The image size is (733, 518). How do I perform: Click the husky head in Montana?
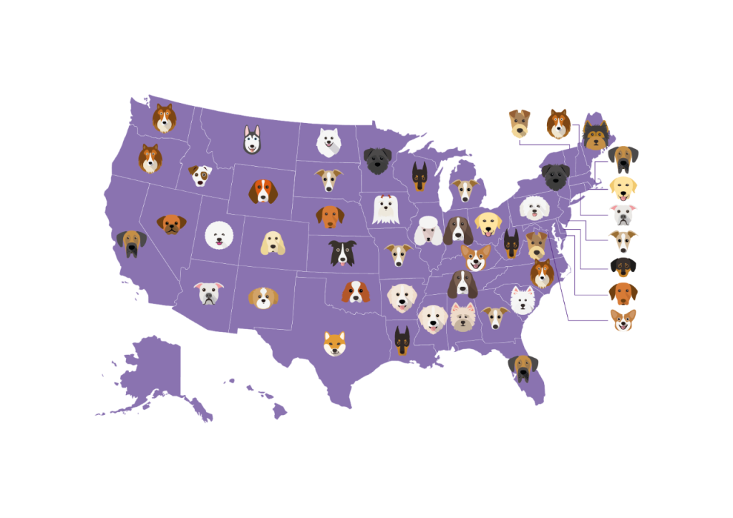252,140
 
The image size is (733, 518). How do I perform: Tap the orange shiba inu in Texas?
334,343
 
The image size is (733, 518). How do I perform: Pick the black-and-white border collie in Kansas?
342,253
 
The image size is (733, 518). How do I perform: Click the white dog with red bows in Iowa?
385,209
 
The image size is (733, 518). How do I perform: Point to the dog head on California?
132,243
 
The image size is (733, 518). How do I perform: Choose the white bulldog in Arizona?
208,293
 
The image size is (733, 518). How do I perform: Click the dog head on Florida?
523,368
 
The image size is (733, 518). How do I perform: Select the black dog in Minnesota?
377,160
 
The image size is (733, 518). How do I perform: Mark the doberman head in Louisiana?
402,341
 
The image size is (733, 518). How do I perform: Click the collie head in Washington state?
165,118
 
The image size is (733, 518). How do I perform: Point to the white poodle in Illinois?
429,230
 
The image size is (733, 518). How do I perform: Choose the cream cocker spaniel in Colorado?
273,243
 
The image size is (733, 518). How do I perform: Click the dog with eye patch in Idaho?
200,175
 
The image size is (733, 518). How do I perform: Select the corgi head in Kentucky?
475,256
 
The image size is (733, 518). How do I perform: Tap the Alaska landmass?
154,376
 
